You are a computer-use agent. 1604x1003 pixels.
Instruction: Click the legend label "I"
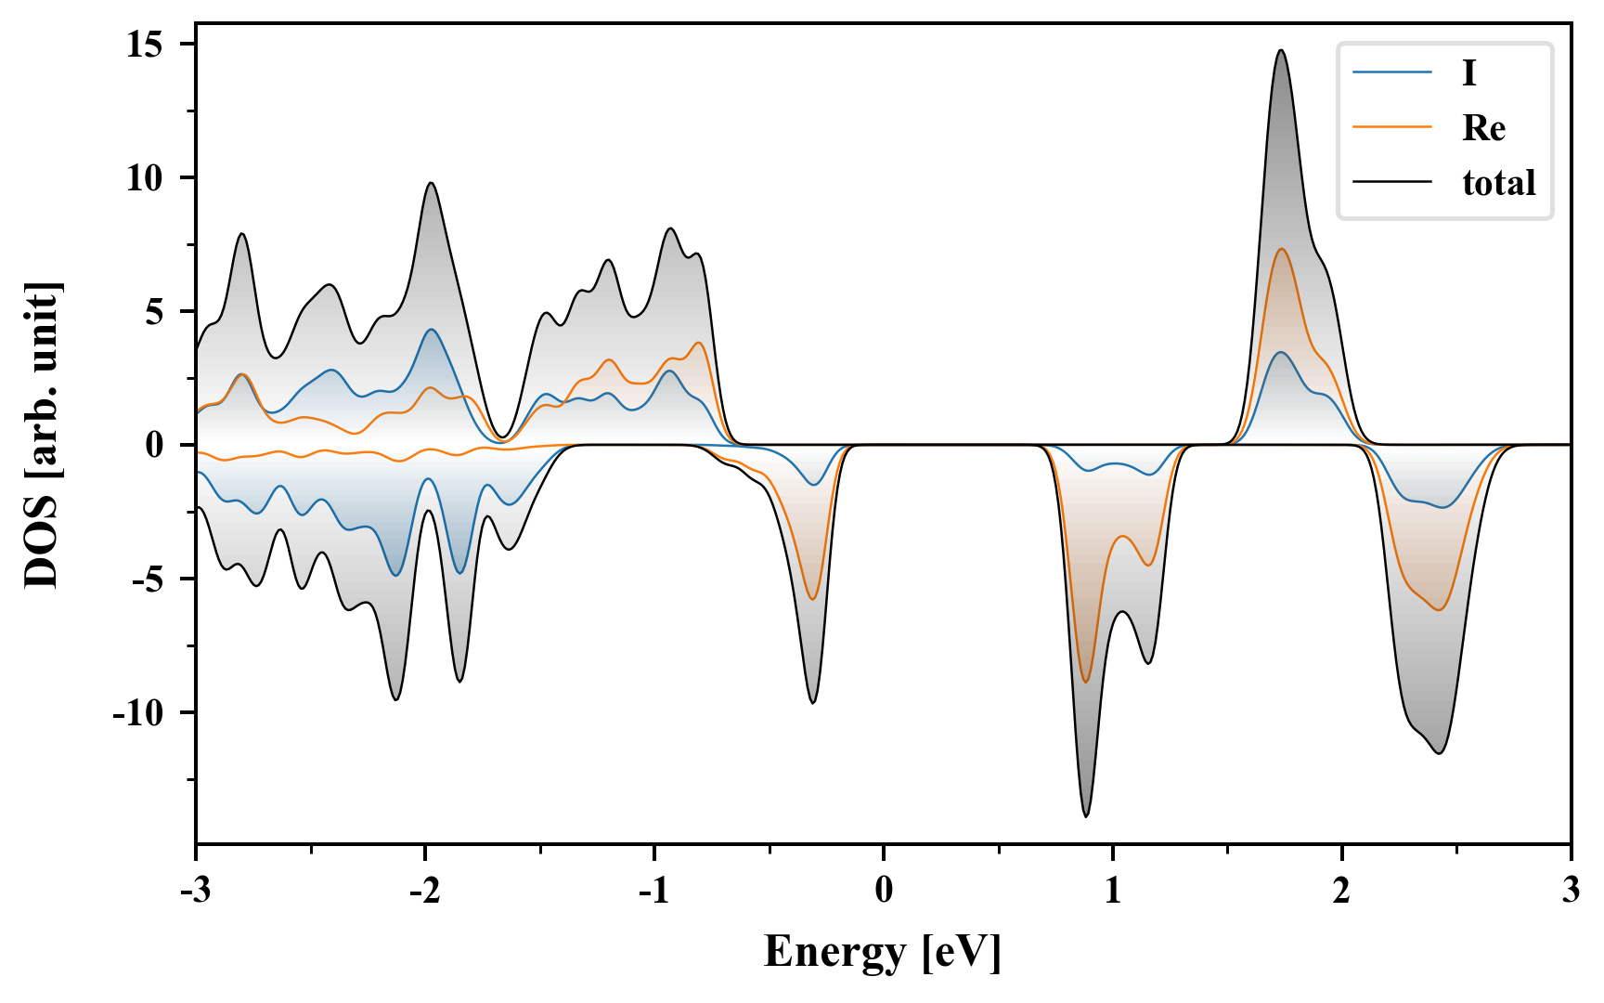1468,73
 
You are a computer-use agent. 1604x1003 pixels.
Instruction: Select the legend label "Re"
1483,128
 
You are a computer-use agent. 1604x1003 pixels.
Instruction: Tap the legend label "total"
1498,183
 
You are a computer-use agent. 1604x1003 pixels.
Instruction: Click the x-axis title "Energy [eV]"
883,952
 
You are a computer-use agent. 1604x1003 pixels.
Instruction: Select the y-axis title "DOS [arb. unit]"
42,435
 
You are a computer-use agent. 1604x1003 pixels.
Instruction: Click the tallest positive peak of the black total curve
1281,50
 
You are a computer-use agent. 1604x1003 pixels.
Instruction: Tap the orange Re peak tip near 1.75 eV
1281,249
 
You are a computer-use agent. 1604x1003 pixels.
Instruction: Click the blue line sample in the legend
1391,73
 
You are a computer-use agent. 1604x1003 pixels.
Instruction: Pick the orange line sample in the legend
1391,128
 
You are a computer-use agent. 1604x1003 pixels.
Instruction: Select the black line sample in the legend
1391,183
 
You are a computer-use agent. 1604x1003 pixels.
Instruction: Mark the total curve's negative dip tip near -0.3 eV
812,703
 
